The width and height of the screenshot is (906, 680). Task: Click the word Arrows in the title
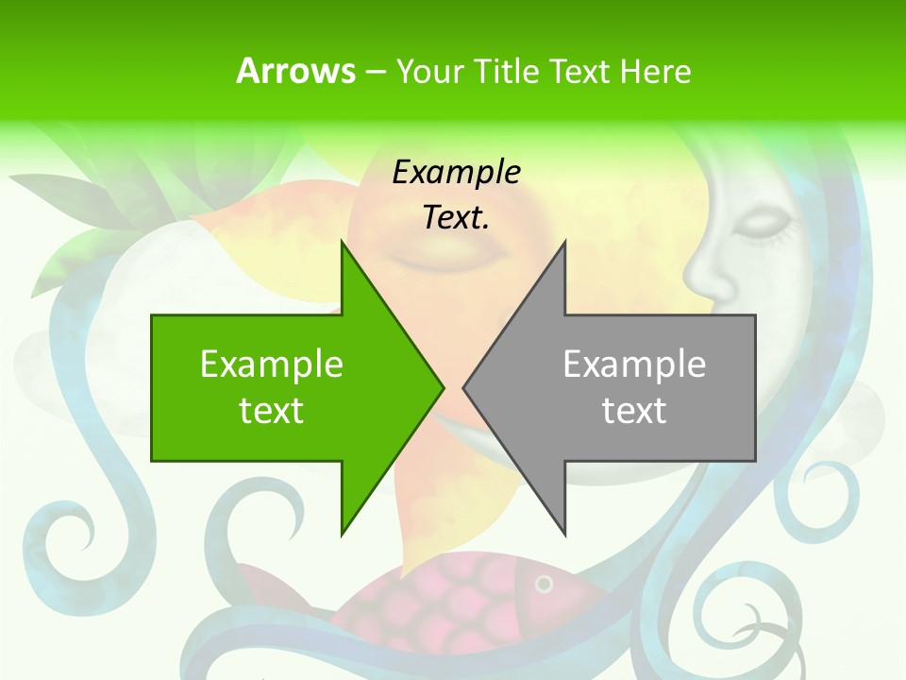pyautogui.click(x=295, y=71)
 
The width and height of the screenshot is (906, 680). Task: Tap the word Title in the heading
pyautogui.click(x=507, y=71)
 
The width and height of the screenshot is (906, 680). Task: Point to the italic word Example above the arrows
pyautogui.click(x=456, y=172)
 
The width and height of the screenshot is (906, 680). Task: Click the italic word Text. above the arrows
pyautogui.click(x=456, y=218)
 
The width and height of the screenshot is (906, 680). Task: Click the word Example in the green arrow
pyautogui.click(x=272, y=364)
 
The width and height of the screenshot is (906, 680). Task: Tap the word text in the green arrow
pyautogui.click(x=272, y=411)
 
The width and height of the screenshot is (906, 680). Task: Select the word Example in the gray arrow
pyautogui.click(x=634, y=364)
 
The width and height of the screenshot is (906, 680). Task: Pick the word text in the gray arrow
pyautogui.click(x=634, y=411)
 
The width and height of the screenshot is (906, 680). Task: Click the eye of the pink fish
pyautogui.click(x=544, y=585)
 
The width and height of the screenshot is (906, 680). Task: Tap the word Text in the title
pyautogui.click(x=579, y=71)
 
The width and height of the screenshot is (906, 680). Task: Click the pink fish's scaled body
pyautogui.click(x=434, y=604)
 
